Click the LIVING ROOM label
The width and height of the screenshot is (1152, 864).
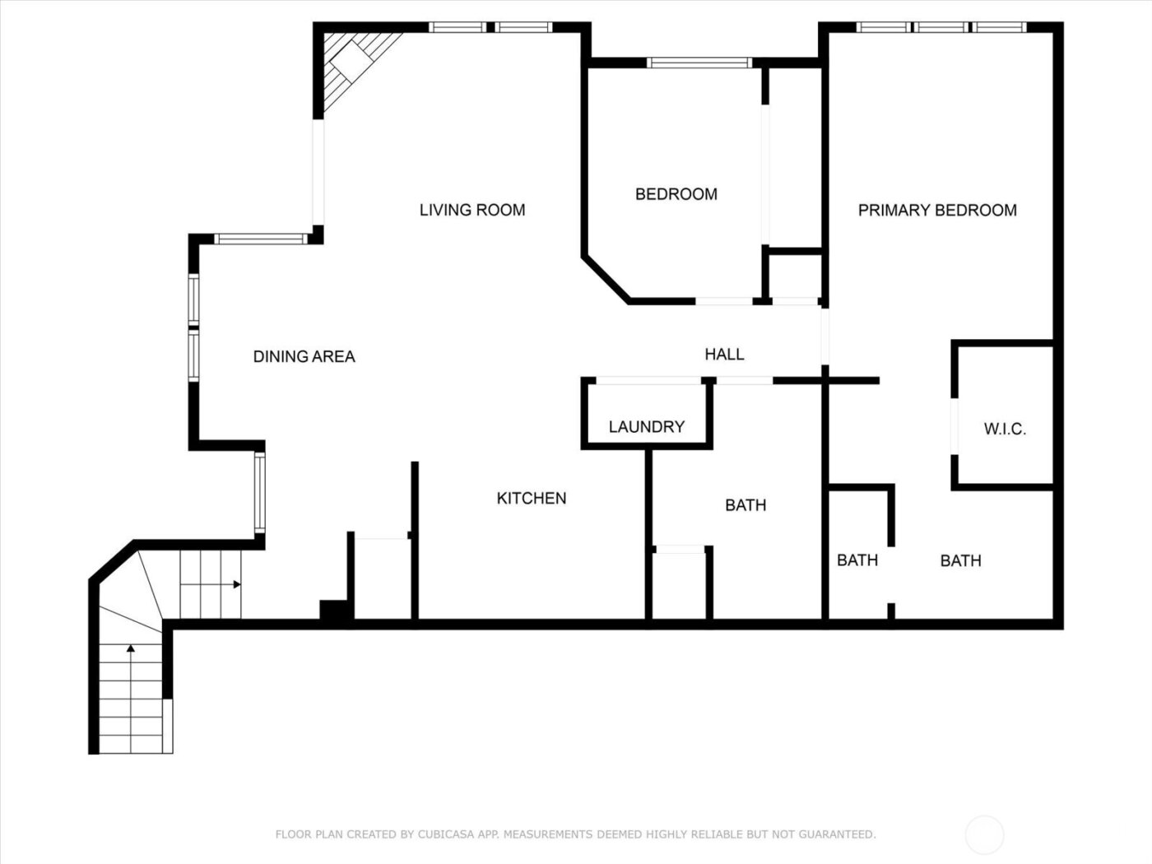point(472,210)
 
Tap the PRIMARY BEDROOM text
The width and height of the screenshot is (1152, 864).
point(937,211)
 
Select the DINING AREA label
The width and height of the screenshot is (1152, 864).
point(304,356)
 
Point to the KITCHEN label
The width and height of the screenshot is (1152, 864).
point(532,498)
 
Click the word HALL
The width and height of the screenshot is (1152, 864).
point(724,354)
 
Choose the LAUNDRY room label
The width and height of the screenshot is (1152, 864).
point(646,426)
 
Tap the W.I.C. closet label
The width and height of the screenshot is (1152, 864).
point(1005,429)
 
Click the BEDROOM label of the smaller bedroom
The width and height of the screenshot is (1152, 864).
point(676,194)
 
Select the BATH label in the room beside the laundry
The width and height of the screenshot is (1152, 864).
point(746,505)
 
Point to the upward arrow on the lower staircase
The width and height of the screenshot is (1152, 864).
point(131,649)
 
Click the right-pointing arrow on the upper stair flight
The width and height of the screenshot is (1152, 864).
point(236,584)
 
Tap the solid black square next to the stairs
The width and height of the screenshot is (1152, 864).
point(335,611)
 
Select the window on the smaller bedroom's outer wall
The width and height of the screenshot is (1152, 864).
point(699,63)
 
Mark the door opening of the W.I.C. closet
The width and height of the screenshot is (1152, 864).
point(955,426)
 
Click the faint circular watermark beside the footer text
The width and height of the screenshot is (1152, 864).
point(984,834)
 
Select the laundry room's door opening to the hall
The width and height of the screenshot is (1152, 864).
point(648,380)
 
